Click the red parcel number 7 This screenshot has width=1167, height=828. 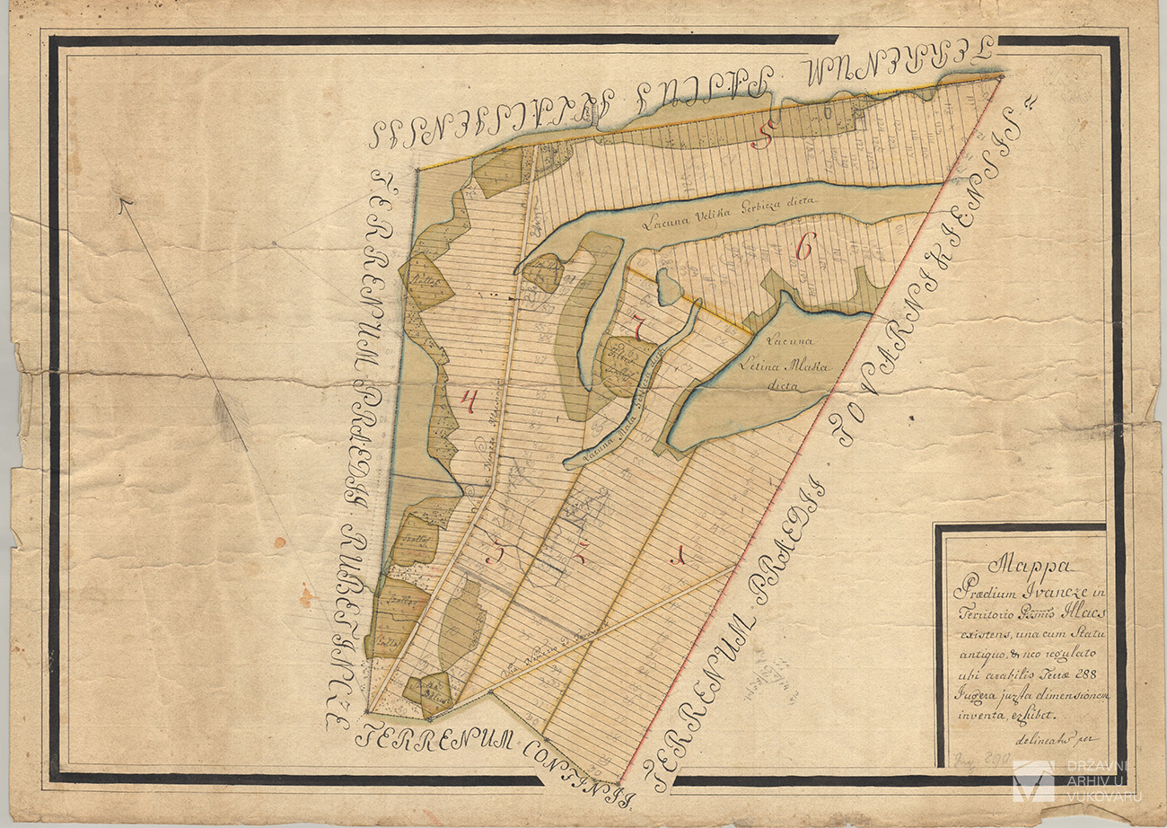coord(638,330)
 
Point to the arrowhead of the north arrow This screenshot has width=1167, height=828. coord(123,203)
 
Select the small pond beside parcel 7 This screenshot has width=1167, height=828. coord(668,286)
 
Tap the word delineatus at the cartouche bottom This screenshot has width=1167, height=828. coord(1042,740)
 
